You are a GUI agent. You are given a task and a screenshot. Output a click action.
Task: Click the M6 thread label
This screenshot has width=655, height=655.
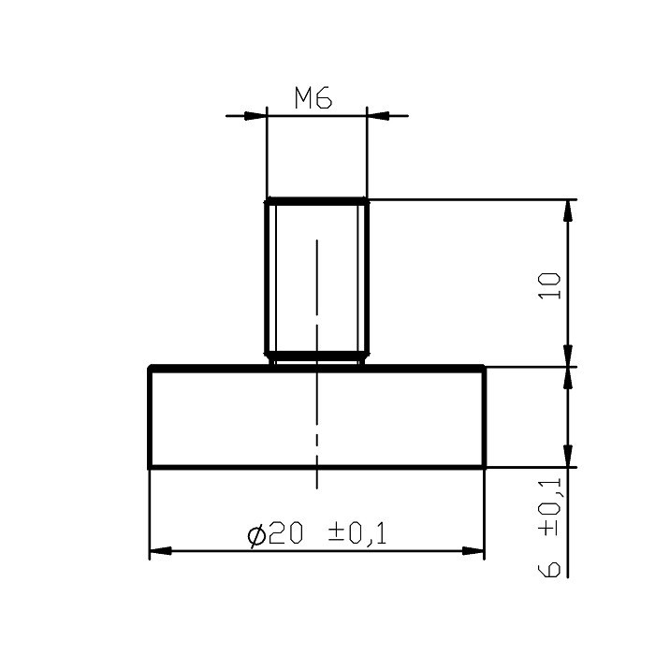313,98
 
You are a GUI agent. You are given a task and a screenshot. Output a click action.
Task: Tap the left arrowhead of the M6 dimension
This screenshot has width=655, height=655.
255,116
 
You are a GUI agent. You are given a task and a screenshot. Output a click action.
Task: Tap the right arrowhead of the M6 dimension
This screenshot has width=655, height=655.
377,116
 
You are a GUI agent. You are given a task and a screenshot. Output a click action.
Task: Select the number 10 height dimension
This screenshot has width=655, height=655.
552,284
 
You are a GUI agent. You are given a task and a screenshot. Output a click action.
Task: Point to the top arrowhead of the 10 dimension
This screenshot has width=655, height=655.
567,211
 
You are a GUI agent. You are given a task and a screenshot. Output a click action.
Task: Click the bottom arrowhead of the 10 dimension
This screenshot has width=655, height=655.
567,356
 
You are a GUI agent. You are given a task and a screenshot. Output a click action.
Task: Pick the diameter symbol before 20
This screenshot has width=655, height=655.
255,534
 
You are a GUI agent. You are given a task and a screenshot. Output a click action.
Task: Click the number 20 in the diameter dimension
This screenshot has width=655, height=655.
286,533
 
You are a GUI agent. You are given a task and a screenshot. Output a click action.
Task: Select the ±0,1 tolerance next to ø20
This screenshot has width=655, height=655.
357,533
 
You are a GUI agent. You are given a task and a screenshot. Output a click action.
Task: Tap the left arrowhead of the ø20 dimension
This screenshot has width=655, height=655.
161,551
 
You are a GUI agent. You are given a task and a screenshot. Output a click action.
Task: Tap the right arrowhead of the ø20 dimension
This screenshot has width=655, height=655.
473,551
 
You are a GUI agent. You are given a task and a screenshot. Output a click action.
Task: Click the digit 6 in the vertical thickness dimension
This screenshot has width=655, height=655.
552,567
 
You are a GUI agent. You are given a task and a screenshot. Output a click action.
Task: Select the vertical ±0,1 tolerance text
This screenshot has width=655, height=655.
552,506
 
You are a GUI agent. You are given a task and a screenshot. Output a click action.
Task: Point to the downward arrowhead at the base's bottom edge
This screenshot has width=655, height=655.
567,456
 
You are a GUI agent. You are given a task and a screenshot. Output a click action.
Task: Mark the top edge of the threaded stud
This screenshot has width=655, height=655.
316,200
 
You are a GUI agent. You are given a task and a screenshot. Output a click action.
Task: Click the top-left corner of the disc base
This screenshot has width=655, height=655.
150,367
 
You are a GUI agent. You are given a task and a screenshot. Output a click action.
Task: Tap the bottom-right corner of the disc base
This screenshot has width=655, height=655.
484,467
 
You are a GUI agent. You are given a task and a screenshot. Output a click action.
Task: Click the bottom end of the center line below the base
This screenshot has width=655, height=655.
316,487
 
